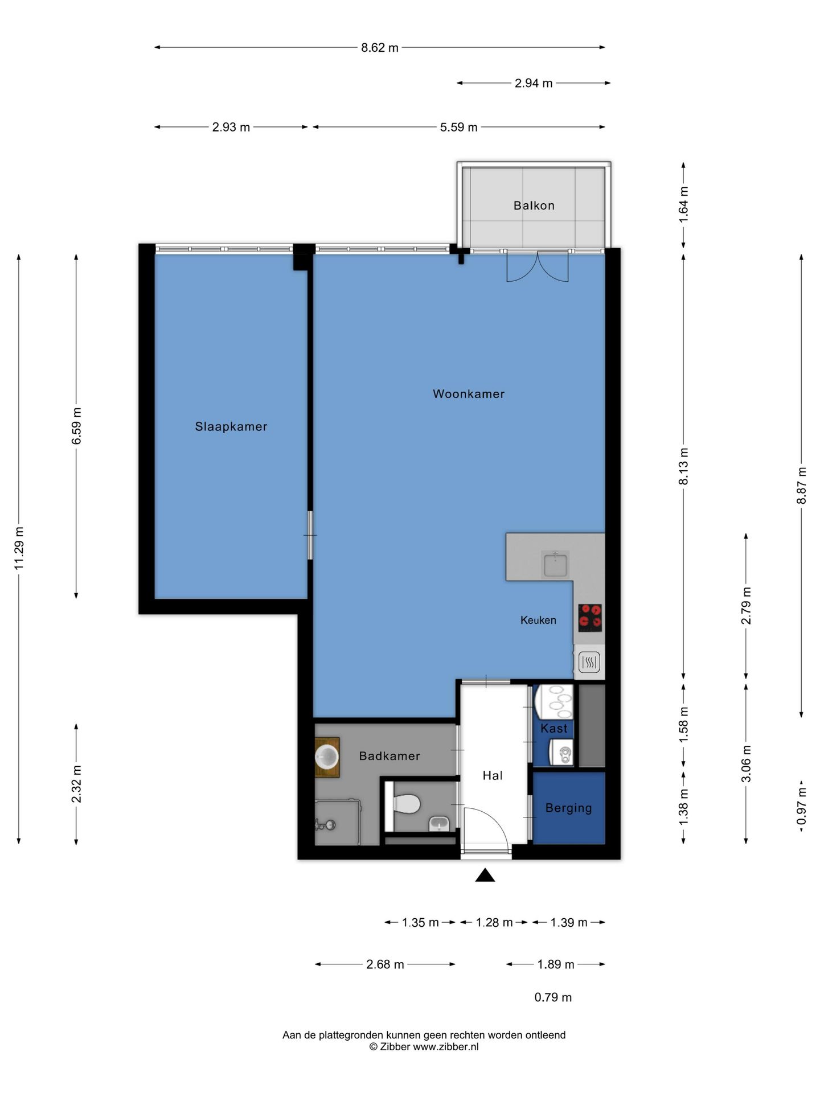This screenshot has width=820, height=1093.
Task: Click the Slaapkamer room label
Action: pos(231,426)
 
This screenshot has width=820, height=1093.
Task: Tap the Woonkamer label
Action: pos(469,393)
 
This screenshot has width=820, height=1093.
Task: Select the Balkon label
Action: pos(534,206)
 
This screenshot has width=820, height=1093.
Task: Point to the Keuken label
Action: pos(538,620)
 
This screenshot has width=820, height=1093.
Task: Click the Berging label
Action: pos(568,808)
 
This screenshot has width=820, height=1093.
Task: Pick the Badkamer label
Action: pos(389,756)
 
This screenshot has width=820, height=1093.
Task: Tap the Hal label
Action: pos(493,775)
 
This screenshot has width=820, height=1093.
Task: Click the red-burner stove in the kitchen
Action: pos(590,618)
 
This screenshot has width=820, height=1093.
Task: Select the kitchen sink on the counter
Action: pos(555,565)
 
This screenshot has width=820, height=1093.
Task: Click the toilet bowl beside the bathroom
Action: pos(407,804)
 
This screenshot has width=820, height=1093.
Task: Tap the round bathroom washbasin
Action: pos(327,757)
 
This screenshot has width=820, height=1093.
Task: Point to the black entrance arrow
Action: pos(485,875)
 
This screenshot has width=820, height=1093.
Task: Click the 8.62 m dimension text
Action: pos(380,48)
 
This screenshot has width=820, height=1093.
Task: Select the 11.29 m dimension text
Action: pos(19,548)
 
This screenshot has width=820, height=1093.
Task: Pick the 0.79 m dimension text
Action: pos(553,997)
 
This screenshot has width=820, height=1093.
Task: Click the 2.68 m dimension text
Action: pos(385,964)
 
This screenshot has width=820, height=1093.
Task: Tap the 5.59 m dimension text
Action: pos(458,128)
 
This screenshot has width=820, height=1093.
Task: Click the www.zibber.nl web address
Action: pos(446,1046)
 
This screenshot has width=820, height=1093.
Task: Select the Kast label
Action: pos(554,728)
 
